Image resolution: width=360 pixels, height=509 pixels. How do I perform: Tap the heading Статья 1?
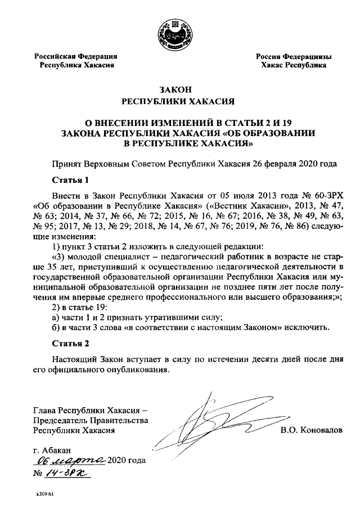[70, 181]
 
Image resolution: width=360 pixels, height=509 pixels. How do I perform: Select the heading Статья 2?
[70, 343]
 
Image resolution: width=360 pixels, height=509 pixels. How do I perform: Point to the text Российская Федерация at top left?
[75, 56]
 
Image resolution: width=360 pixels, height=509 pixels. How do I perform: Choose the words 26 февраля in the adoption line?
[273, 164]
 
